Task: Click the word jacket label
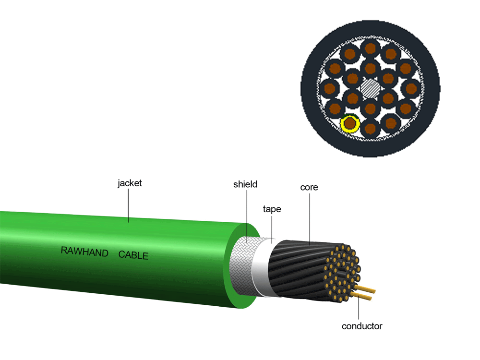130,183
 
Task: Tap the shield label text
245,184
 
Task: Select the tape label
272,209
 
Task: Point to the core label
309,187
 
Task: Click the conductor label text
362,326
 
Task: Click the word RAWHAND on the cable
84,252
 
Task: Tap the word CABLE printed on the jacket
133,255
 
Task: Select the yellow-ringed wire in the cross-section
350,124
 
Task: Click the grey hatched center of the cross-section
371,88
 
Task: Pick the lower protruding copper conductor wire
363,297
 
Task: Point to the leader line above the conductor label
358,310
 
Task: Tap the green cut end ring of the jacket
229,269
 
